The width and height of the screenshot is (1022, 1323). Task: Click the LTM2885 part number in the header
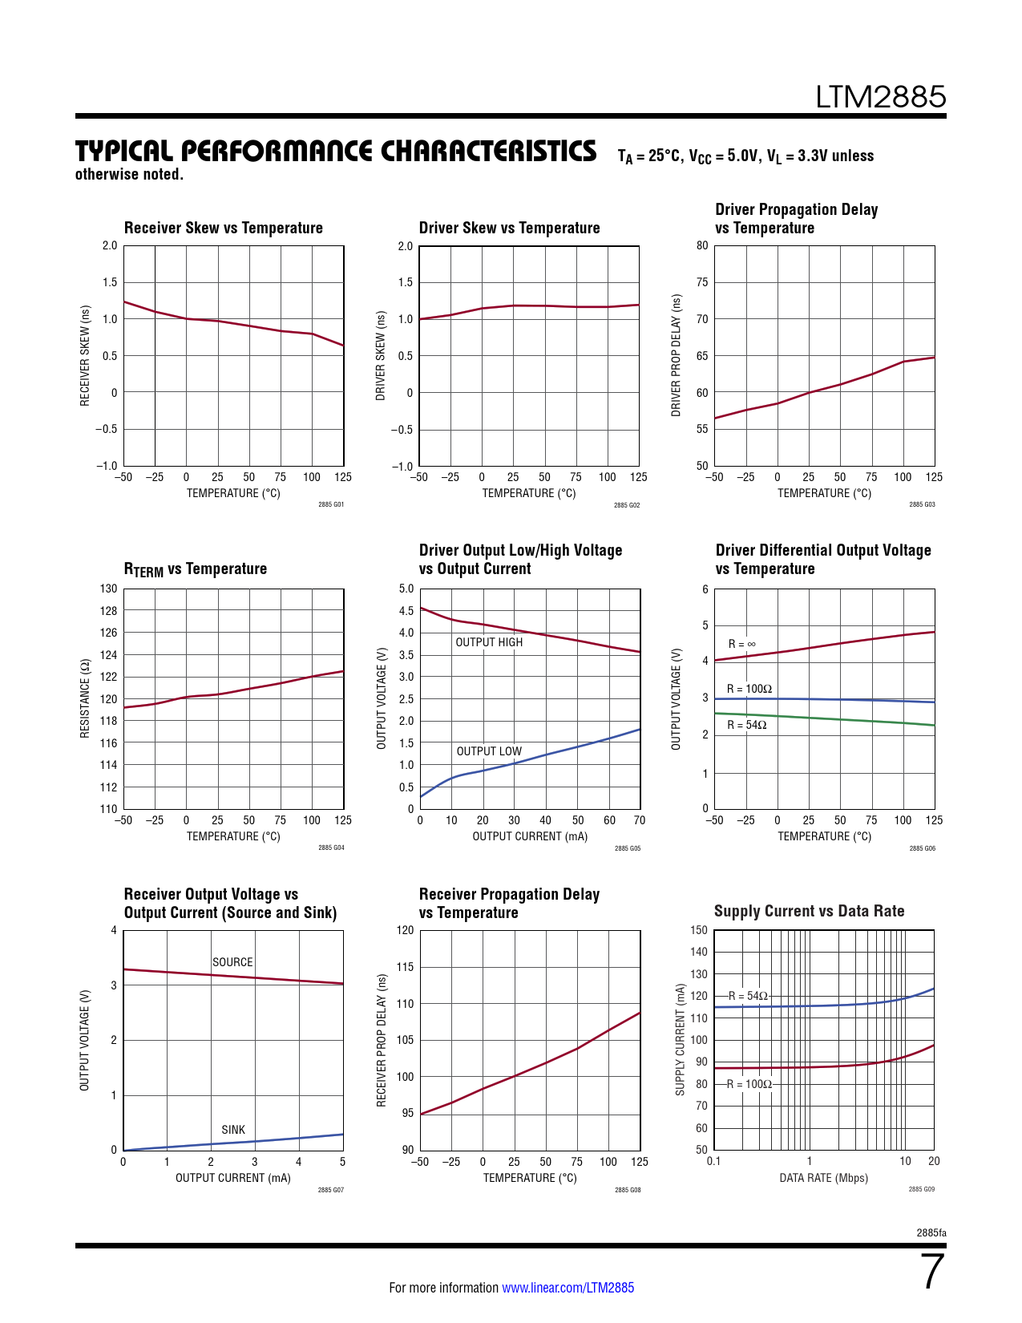pyautogui.click(x=880, y=97)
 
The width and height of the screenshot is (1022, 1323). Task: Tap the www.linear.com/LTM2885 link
pyautogui.click(x=568, y=1288)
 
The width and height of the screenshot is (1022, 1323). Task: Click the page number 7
pyautogui.click(x=932, y=1272)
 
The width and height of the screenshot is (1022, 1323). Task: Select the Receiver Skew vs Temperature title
pyautogui.click(x=223, y=228)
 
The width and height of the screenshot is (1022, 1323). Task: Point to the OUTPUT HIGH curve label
pyautogui.click(x=489, y=642)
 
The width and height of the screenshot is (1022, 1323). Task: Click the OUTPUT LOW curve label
pyautogui.click(x=489, y=751)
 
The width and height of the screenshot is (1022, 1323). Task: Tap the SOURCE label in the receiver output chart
pyautogui.click(x=232, y=962)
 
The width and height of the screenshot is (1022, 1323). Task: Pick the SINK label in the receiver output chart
pyautogui.click(x=233, y=1130)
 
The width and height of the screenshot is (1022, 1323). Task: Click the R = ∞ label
pyautogui.click(x=741, y=644)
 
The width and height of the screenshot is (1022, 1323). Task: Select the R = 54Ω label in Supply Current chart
pyautogui.click(x=748, y=996)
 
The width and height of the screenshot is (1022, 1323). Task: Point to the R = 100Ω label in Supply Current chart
pyautogui.click(x=749, y=1084)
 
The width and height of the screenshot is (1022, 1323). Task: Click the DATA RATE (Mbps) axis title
pyautogui.click(x=823, y=1178)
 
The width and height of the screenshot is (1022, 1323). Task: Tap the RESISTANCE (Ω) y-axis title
pyautogui.click(x=84, y=698)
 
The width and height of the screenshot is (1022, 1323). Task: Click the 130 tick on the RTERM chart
pyautogui.click(x=108, y=589)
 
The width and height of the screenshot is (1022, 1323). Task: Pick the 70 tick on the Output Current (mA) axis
pyautogui.click(x=639, y=820)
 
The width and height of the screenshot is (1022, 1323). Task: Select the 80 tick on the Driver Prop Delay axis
pyautogui.click(x=702, y=245)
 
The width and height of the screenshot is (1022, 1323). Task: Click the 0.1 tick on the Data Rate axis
pyautogui.click(x=713, y=1161)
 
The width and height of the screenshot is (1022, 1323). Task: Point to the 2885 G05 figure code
pyautogui.click(x=627, y=848)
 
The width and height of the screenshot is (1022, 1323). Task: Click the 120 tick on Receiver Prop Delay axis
pyautogui.click(x=406, y=930)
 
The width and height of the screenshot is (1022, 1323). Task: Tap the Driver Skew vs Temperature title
pyautogui.click(x=509, y=228)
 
